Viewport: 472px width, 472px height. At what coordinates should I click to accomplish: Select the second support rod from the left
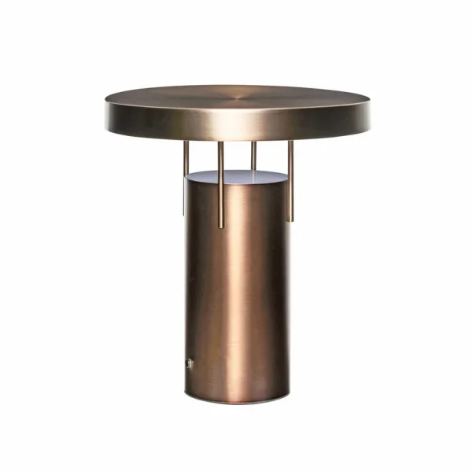point(221,185)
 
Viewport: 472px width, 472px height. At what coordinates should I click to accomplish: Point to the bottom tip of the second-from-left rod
point(221,227)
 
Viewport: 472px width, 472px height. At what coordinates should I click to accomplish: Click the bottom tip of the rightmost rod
point(290,219)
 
